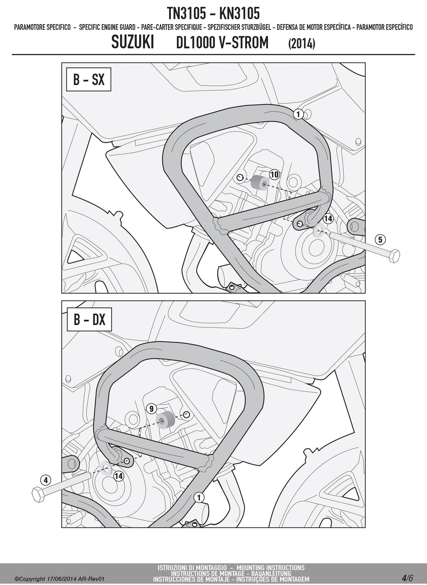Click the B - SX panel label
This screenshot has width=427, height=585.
click(x=89, y=79)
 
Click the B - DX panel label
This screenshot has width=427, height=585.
click(x=89, y=320)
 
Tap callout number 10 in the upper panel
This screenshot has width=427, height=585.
click(x=274, y=174)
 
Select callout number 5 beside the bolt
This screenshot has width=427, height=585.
click(x=380, y=240)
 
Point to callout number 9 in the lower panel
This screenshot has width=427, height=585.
click(x=152, y=408)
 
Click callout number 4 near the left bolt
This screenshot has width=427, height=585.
click(x=46, y=480)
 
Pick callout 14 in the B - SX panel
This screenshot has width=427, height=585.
click(x=328, y=218)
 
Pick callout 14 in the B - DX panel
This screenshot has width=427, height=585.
click(x=119, y=476)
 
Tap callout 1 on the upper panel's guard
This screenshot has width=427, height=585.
click(x=298, y=114)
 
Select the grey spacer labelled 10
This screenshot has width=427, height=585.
click(x=260, y=182)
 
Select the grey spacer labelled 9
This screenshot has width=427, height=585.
click(x=165, y=420)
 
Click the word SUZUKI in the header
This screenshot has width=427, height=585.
click(x=132, y=42)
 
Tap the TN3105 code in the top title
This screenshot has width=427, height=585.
click(x=186, y=14)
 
